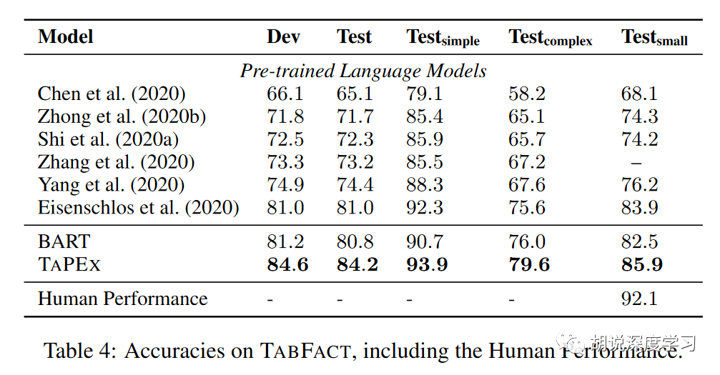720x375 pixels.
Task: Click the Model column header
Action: pos(66,36)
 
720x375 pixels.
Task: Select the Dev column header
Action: pos(283,36)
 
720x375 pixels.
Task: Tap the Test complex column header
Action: pos(550,38)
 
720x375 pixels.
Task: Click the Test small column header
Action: pos(654,38)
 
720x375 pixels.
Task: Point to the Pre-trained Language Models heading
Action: pos(363,71)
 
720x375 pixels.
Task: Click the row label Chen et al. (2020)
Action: pos(112,94)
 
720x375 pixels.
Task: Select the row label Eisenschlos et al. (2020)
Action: pos(138,208)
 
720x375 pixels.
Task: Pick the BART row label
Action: pos(64,241)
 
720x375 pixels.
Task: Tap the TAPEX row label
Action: pos(69,264)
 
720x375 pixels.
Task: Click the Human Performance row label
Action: pos(122,299)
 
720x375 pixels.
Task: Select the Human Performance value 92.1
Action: pos(639,299)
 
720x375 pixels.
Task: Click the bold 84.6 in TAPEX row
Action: pos(287,264)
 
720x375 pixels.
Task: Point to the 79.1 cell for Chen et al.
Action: pos(425,94)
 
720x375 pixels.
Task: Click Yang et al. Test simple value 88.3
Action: pos(425,185)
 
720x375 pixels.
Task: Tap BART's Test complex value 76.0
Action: pos(527,241)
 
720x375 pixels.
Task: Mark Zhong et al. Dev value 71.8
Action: pos(285,116)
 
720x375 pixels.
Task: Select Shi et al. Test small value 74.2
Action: pos(639,139)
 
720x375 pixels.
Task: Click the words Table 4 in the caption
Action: pos(80,351)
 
